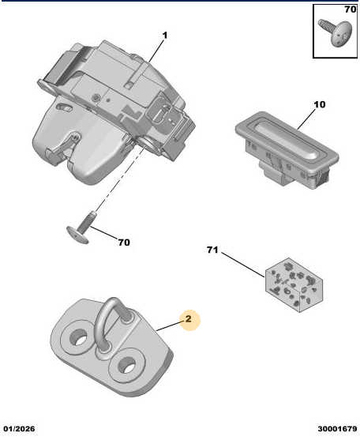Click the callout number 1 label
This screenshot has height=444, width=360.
(165, 36)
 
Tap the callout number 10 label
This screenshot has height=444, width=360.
(320, 104)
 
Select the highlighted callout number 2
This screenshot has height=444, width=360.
(189, 319)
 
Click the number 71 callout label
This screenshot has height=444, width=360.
(212, 250)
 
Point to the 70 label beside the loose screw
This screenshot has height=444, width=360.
(124, 243)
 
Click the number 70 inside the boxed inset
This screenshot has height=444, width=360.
(350, 9)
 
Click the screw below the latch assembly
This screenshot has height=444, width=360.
(81, 229)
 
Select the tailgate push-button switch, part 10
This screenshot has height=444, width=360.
(287, 149)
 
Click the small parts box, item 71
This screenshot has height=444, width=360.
(294, 285)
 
